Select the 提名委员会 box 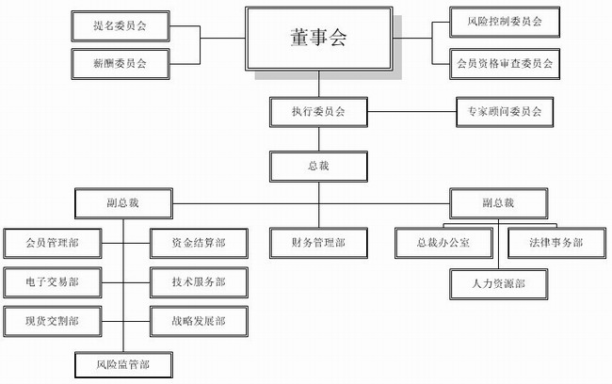pos(121,26)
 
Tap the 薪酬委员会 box pos(121,63)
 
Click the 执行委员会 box pos(317,112)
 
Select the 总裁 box pos(317,167)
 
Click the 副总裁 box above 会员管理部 pos(122,203)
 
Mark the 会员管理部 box pos(52,243)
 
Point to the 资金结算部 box pos(199,243)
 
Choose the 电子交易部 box pos(52,281)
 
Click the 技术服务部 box pos(199,281)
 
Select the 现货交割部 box pos(52,321)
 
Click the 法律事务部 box pos(545,243)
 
